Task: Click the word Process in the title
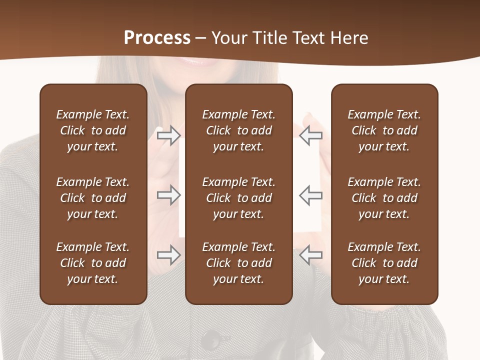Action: tap(157, 38)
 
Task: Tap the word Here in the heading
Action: tap(349, 38)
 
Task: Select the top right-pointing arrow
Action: tap(168, 135)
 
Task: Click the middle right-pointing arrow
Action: tap(168, 195)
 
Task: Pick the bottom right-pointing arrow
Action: tap(168, 255)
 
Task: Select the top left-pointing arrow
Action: tap(310, 135)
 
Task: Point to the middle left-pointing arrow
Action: tap(310, 195)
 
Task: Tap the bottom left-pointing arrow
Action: tap(310, 255)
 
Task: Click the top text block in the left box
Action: tap(93, 130)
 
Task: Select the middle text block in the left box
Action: tap(93, 198)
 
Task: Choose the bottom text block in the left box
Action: tap(93, 263)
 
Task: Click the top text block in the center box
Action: tap(238, 130)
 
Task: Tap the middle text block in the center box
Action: tap(238, 198)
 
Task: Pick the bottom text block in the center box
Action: tap(238, 263)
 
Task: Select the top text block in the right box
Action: tap(384, 130)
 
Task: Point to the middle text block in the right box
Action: tap(384, 198)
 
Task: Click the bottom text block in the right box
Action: tap(384, 263)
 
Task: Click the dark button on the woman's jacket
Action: tap(212, 339)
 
